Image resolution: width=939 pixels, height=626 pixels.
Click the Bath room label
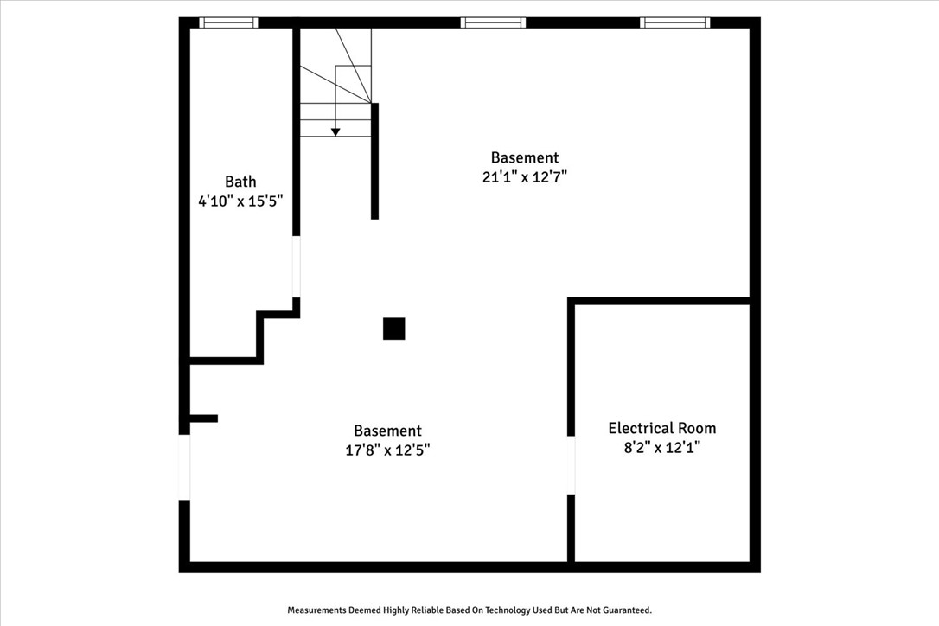[240, 182]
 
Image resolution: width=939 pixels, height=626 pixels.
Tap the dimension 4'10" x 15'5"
[240, 201]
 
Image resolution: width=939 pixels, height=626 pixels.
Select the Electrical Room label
[661, 428]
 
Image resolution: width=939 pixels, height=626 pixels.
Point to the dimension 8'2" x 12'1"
[661, 448]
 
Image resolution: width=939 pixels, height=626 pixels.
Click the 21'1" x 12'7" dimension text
[525, 177]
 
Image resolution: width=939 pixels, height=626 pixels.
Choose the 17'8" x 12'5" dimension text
[387, 450]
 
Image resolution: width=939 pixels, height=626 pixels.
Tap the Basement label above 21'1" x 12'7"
[525, 157]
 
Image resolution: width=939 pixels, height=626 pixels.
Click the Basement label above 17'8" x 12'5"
[387, 431]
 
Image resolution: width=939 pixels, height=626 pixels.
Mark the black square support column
[394, 329]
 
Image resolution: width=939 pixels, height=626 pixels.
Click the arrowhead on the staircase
[335, 131]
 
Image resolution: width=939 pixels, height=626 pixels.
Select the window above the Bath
[228, 23]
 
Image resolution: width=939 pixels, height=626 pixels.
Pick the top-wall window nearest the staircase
[493, 23]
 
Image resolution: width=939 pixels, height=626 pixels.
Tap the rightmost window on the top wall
[674, 23]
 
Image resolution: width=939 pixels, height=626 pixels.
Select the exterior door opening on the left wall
[184, 467]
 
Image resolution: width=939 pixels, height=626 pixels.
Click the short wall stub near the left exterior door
[203, 418]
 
